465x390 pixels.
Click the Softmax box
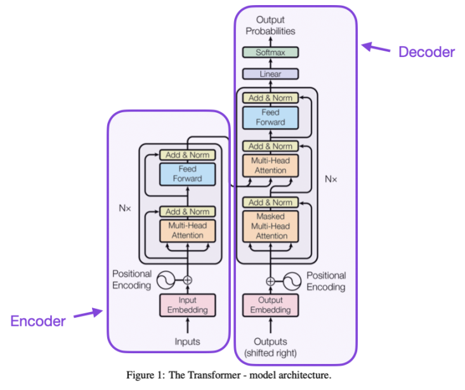270,53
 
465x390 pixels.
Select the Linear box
270,74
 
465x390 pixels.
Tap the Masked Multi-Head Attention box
271,226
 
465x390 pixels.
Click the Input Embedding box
187,305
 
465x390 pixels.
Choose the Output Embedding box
271,305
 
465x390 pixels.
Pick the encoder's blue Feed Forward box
187,174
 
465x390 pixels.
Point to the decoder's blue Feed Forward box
271,117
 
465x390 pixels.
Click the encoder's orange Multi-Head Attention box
187,230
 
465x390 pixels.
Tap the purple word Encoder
38,321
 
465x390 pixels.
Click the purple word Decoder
426,52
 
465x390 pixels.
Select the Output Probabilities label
271,25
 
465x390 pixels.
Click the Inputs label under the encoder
187,342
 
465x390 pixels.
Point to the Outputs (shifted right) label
271,347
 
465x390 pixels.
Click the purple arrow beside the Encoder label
88,313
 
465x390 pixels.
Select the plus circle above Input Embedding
187,280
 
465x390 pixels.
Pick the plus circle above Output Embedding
271,280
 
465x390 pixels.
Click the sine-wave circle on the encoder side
167,280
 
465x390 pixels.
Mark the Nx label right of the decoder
331,179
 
